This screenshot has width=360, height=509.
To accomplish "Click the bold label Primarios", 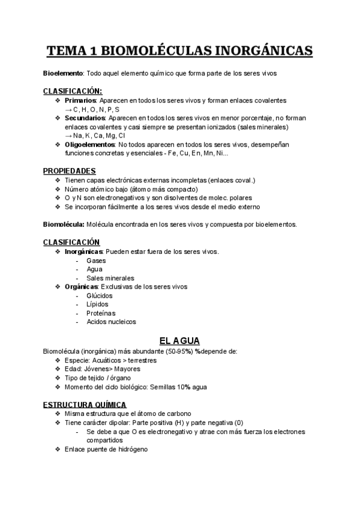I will [x=80, y=100].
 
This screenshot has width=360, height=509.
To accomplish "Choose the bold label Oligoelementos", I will [x=89, y=145].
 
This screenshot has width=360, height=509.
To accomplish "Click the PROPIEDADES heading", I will [x=70, y=171].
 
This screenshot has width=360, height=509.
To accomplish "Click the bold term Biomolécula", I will [x=64, y=224].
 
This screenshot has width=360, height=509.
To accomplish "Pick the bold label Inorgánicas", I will [x=84, y=251].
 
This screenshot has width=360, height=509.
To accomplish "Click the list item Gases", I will [x=96, y=261].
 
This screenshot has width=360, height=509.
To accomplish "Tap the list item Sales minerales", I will [x=110, y=278].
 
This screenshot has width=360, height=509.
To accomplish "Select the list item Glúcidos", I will [x=99, y=295].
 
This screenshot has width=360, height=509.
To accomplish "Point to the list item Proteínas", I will [x=101, y=313].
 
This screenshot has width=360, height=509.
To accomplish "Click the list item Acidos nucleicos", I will [x=111, y=322].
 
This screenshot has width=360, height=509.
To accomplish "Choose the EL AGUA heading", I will [x=179, y=340].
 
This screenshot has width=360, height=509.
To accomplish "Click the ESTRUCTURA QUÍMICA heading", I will [x=85, y=405].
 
